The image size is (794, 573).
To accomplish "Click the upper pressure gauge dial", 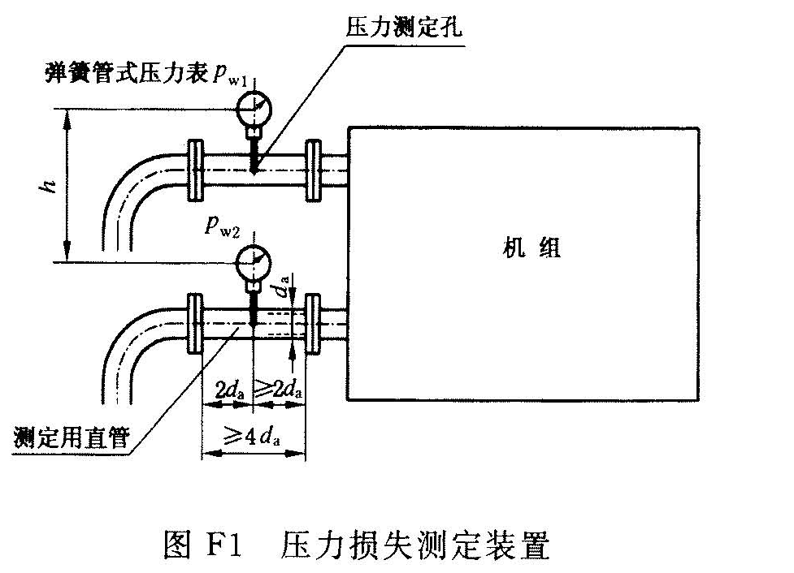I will coord(254,105).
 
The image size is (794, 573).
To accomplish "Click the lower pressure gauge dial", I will coord(254,261).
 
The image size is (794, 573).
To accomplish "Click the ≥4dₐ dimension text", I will coord(253,438).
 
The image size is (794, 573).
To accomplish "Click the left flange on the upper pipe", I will coord(193,171).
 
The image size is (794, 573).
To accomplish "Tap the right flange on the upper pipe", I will coord(312,171).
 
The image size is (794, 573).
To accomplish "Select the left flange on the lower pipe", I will coord(193,324).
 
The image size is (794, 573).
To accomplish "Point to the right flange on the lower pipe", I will coord(312,324).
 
